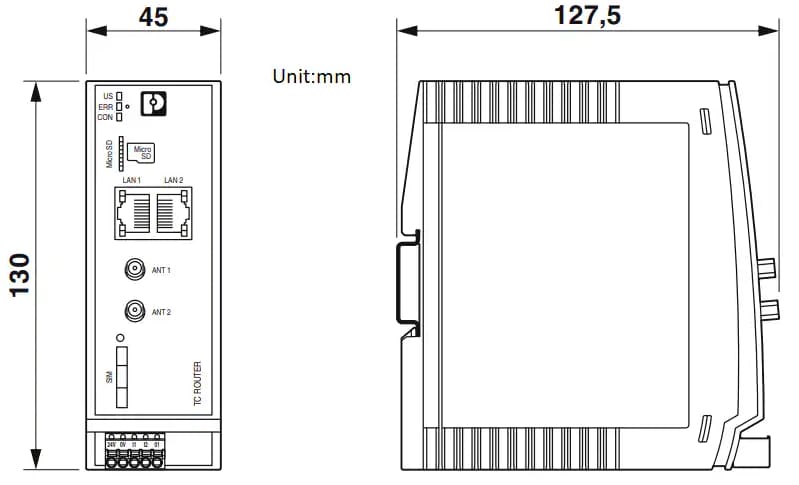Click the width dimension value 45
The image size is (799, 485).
(x=153, y=17)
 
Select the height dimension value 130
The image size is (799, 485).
(x=20, y=275)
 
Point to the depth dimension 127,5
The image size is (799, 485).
(x=587, y=15)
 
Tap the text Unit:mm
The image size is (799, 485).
(x=311, y=76)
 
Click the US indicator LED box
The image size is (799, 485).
(x=120, y=96)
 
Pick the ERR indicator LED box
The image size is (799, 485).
(x=120, y=106)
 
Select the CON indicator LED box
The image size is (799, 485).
(x=120, y=117)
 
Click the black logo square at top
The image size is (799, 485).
(x=153, y=103)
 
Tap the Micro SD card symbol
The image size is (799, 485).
(x=145, y=153)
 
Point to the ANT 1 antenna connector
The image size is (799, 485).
(x=132, y=270)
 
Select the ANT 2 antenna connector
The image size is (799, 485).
(x=132, y=312)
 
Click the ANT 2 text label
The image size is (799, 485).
(x=161, y=312)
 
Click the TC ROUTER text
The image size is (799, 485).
(x=197, y=383)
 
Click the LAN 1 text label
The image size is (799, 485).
(x=132, y=179)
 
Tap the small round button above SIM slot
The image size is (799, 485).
(x=120, y=338)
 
